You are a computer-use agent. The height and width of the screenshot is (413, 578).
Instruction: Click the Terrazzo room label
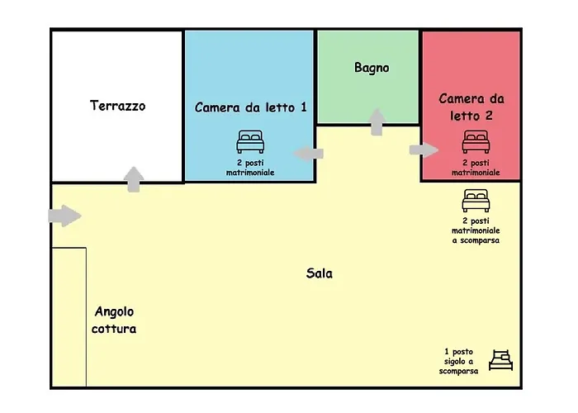pyautogui.click(x=117, y=106)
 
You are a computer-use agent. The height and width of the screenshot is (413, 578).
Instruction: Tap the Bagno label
pyautogui.click(x=372, y=68)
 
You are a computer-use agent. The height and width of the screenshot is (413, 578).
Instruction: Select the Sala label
pyautogui.click(x=319, y=273)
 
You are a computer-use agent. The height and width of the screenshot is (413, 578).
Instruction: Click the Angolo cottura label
pyautogui.click(x=115, y=320)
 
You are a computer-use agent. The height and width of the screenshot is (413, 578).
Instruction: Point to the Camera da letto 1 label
pyautogui.click(x=251, y=107)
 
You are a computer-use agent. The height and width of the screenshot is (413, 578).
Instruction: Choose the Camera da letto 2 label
pyautogui.click(x=471, y=107)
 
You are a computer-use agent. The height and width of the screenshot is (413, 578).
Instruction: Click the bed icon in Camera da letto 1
pyautogui.click(x=250, y=142)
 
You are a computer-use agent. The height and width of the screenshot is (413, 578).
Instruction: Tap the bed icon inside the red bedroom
pyautogui.click(x=475, y=142)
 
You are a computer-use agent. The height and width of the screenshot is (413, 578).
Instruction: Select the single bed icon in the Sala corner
pyautogui.click(x=501, y=360)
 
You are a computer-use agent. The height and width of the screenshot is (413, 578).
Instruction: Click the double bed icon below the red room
pyautogui.click(x=476, y=200)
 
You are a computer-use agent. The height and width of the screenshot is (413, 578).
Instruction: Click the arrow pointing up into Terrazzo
pyautogui.click(x=133, y=179)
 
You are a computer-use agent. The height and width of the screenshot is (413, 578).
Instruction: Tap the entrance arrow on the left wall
pyautogui.click(x=65, y=216)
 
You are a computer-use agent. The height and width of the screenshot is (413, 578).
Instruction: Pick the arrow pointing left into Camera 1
pyautogui.click(x=309, y=153)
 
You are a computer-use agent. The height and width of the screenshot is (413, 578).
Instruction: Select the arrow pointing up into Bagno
pyautogui.click(x=377, y=121)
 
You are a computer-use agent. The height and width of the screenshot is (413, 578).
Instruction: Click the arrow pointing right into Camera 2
pyautogui.click(x=424, y=150)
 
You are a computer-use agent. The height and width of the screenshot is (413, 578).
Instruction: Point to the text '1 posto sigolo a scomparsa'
pyautogui.click(x=459, y=361)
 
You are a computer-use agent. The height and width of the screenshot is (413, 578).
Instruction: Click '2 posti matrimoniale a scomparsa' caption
pyautogui.click(x=476, y=231)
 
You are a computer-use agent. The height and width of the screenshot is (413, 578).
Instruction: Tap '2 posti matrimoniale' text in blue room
pyautogui.click(x=250, y=168)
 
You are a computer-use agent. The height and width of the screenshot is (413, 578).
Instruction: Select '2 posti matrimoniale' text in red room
pyautogui.click(x=475, y=169)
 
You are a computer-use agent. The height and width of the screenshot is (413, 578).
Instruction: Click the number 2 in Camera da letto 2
pyautogui.click(x=489, y=116)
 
